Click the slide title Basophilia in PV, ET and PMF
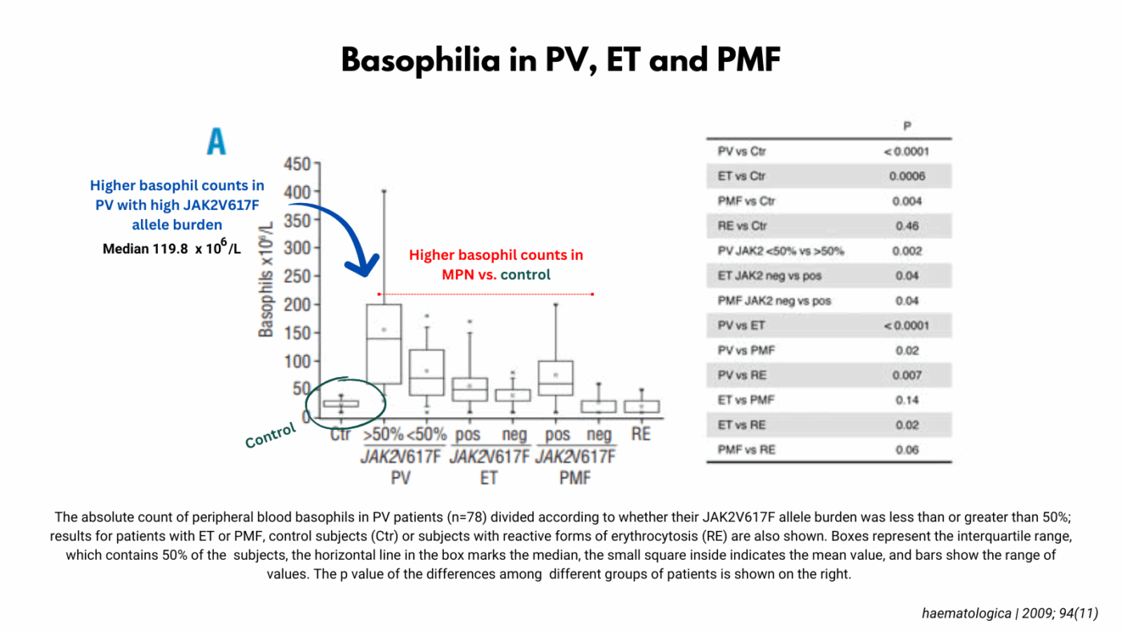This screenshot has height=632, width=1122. pyautogui.click(x=560, y=60)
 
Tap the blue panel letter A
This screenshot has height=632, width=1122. pyautogui.click(x=216, y=142)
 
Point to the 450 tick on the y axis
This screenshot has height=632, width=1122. pyautogui.click(x=296, y=164)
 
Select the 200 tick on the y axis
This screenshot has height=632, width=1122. pyautogui.click(x=296, y=305)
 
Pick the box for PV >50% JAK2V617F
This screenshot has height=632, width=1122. pyautogui.click(x=384, y=343)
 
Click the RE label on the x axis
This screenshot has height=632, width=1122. pyautogui.click(x=641, y=434)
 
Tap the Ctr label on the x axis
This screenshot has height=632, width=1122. pyautogui.click(x=341, y=435)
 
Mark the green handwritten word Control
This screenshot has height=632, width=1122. pyautogui.click(x=270, y=436)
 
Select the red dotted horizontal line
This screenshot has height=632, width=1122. pyautogui.click(x=485, y=294)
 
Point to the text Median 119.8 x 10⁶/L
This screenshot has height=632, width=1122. pyautogui.click(x=172, y=248)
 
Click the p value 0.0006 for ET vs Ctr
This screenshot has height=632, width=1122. pyautogui.click(x=906, y=176)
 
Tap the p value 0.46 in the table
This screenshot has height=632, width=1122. pyautogui.click(x=906, y=226)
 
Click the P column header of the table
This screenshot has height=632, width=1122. pyautogui.click(x=906, y=127)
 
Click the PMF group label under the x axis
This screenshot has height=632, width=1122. pyautogui.click(x=575, y=477)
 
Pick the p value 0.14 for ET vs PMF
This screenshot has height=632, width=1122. pyautogui.click(x=906, y=400)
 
